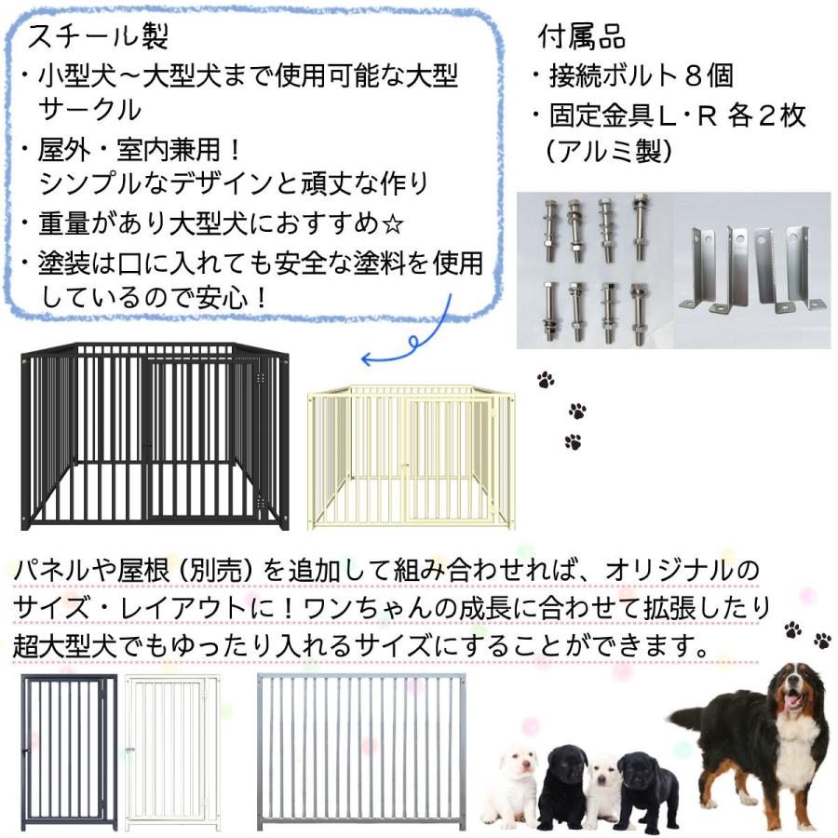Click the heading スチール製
pyautogui.click(x=98, y=37)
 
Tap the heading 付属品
pyautogui.click(x=582, y=36)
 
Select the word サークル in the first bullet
pyautogui.click(x=89, y=109)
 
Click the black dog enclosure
pyautogui.click(x=155, y=435)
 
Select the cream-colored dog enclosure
pyautogui.click(x=411, y=456)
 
